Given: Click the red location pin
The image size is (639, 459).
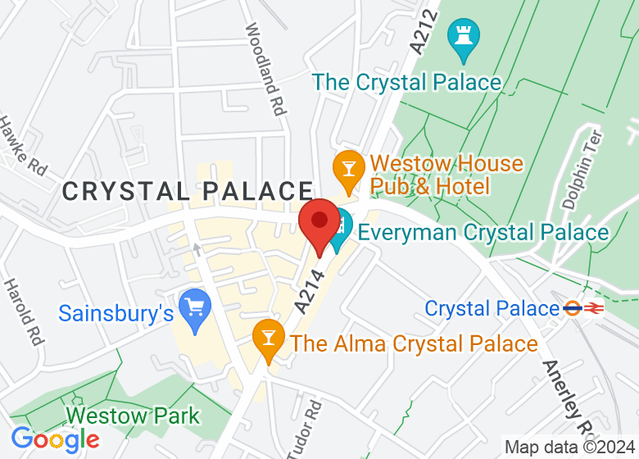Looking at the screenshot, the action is pos(319,223).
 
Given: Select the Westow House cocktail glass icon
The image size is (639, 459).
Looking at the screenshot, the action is pos(348,168).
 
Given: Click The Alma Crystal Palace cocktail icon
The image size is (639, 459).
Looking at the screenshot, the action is pos(267,338).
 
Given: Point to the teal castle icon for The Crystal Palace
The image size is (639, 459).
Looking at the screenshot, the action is pos(464,38).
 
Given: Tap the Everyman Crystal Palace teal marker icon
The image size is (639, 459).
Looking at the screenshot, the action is pos(339,230).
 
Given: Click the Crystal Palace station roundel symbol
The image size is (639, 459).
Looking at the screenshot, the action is pos(573,309).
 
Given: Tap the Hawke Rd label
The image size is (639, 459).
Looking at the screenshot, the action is pos(21,144).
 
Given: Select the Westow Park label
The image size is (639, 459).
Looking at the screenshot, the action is pos(134,416).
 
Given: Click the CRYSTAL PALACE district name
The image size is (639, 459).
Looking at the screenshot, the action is pos(188,192).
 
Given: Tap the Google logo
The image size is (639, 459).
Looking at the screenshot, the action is pos(55,439).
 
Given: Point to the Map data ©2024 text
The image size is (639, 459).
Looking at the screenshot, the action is pos(570,448).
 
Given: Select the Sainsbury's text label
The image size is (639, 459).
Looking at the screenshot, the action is pos(116,313).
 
